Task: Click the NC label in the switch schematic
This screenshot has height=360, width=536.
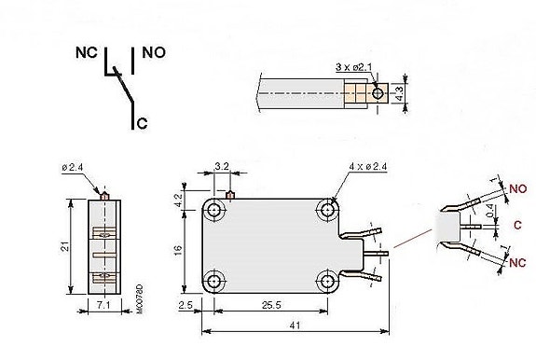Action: pyautogui.click(x=86, y=53)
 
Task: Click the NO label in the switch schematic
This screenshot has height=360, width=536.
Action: pyautogui.click(x=154, y=53)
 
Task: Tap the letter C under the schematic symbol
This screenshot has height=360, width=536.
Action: pyautogui.click(x=141, y=123)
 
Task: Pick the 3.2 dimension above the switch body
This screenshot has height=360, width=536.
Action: pyautogui.click(x=222, y=166)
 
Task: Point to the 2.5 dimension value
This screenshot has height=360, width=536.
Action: pyautogui.click(x=185, y=306)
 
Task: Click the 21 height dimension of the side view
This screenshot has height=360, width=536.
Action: pyautogui.click(x=62, y=245)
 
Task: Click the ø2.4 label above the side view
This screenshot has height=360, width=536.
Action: pyautogui.click(x=74, y=167)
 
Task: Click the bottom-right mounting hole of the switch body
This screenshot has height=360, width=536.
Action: pyautogui.click(x=328, y=280)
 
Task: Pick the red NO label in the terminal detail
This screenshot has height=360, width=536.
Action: pyautogui.click(x=517, y=188)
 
